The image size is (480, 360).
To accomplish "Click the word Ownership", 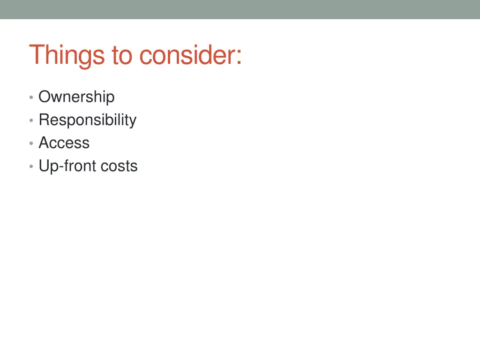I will point(76,97).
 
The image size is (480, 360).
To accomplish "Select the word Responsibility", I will point(87,120).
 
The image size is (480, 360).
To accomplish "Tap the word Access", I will point(64,143).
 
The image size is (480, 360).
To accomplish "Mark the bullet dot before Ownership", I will point(30,97).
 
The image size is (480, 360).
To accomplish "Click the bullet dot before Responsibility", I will point(30,121).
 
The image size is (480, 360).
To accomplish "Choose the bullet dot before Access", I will point(30,144).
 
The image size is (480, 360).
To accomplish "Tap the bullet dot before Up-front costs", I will point(30,167).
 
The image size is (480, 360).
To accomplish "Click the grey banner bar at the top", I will point(240,9).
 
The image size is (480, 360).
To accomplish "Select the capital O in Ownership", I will point(45,97).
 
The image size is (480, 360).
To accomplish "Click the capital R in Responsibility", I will point(44,120).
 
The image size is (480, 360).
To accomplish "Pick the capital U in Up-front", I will point(44,166).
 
